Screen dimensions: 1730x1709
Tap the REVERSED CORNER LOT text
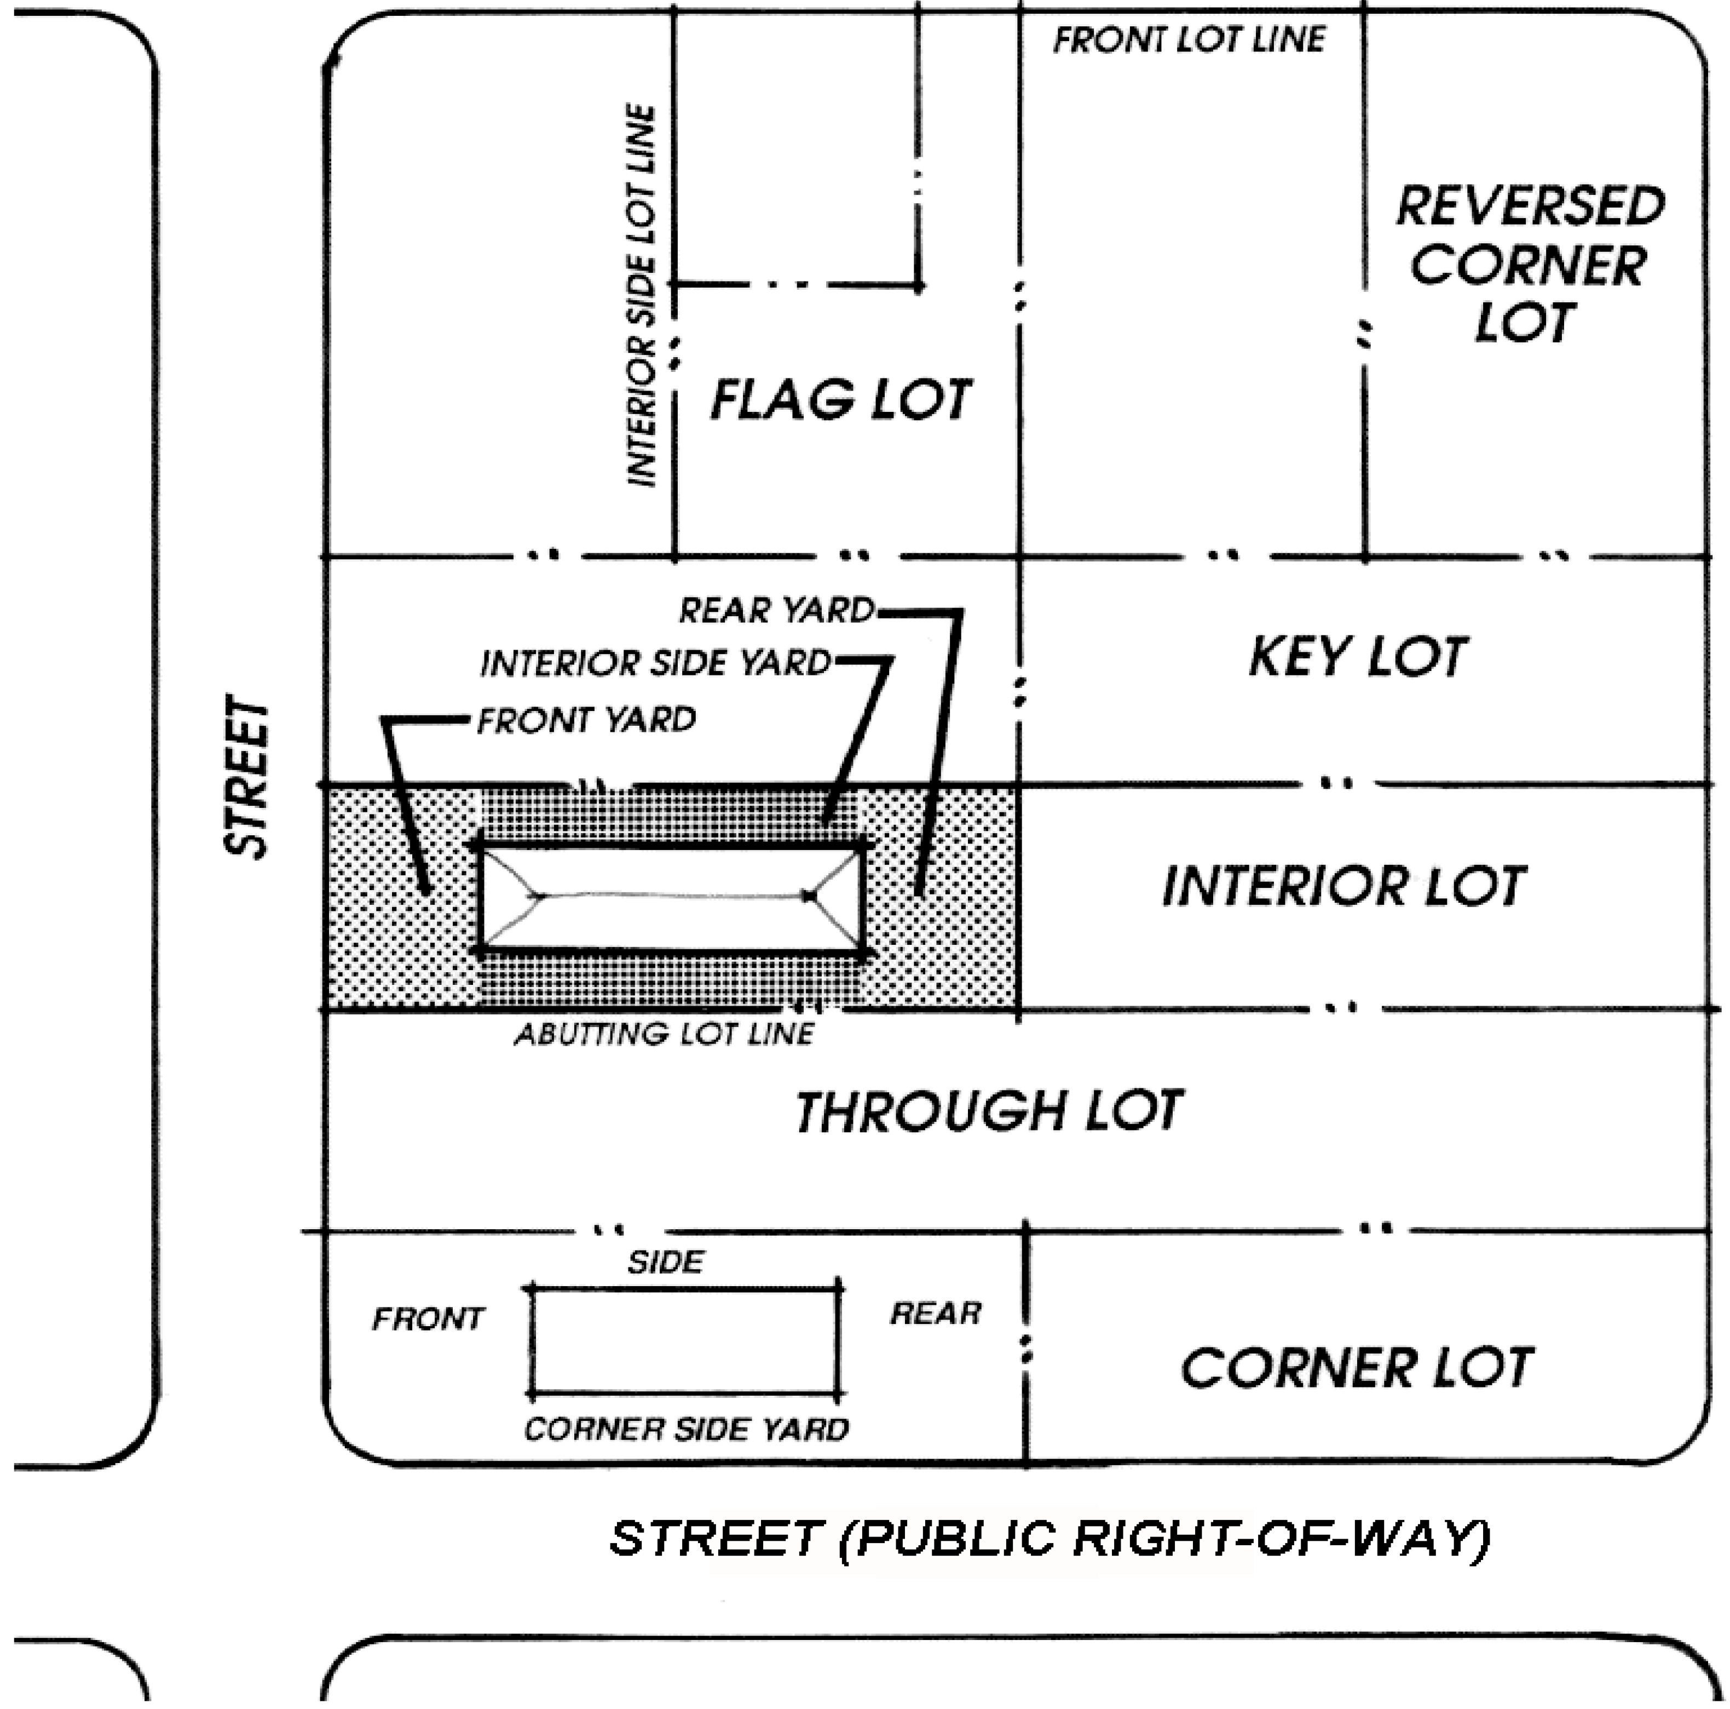1530,264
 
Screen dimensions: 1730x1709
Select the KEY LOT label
1357,657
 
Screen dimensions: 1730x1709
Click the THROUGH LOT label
989,1111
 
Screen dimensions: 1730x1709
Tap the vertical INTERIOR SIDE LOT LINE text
641,296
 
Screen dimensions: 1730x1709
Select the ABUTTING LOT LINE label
664,1034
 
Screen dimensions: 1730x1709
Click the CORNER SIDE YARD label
686,1429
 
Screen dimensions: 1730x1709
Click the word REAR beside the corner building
935,1313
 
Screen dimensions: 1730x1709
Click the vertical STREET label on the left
246,777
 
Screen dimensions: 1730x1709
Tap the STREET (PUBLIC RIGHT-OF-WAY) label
1049,1539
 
